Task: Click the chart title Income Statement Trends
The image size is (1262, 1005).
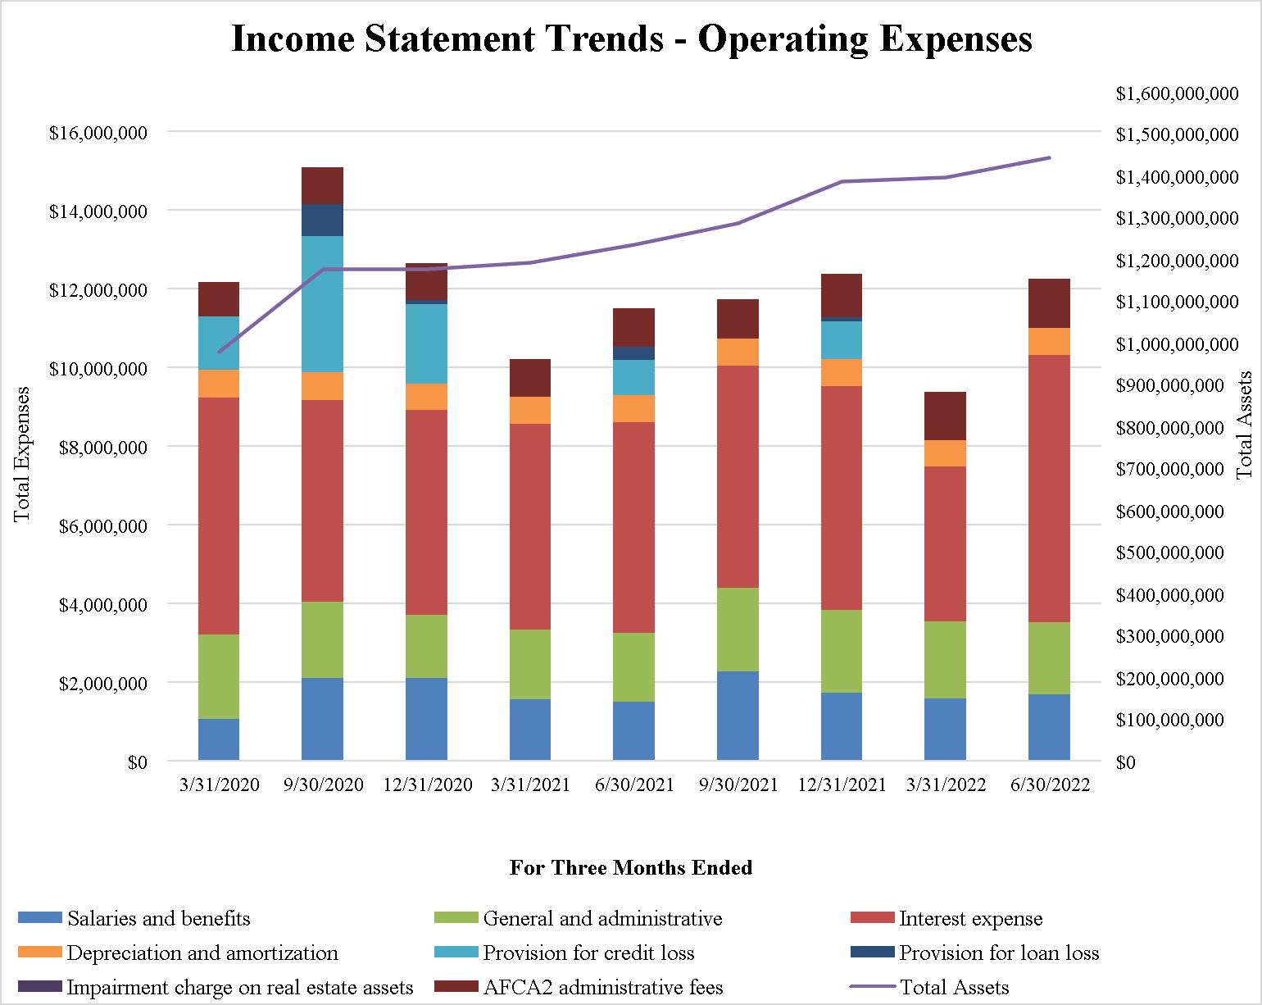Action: (631, 39)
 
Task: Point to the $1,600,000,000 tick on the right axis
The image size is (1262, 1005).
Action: (1176, 94)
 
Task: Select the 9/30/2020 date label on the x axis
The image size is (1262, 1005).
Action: (323, 784)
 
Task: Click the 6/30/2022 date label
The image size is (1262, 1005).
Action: (1050, 784)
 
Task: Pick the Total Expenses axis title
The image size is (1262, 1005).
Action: (22, 453)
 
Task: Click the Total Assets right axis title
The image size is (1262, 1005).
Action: (1245, 425)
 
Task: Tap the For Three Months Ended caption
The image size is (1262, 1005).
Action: (631, 867)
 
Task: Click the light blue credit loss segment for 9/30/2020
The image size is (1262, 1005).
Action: (323, 304)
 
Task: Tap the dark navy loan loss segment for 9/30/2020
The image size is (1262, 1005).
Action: (323, 220)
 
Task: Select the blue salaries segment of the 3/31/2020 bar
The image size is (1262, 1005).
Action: (219, 739)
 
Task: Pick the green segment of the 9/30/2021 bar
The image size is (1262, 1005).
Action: (738, 630)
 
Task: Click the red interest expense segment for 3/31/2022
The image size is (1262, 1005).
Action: (945, 543)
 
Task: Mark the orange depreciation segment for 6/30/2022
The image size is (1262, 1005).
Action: (1049, 341)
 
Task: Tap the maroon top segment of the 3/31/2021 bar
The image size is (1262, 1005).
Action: (530, 378)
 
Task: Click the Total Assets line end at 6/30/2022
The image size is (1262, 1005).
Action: (1049, 157)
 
